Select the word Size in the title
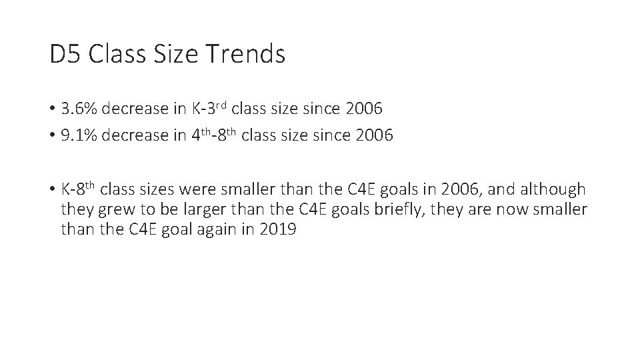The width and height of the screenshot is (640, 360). [174, 54]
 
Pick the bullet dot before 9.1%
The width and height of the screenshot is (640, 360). [53, 136]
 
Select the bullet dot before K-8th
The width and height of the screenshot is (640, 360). [53, 190]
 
